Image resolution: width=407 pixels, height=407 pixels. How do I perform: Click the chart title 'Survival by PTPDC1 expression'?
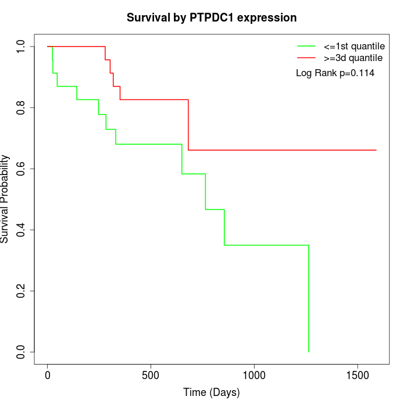point(212,18)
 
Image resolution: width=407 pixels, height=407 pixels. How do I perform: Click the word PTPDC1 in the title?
point(212,18)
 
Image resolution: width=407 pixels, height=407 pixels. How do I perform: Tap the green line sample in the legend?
point(306,46)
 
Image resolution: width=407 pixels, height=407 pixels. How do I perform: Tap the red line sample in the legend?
point(306,58)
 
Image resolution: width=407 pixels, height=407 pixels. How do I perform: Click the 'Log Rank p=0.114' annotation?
point(335,73)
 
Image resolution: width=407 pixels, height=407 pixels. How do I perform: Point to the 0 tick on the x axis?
point(48,374)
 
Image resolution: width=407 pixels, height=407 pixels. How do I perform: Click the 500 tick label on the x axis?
point(151,374)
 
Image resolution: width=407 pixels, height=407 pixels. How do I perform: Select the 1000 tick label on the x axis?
point(254,374)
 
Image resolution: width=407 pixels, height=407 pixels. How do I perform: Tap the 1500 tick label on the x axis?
point(357,374)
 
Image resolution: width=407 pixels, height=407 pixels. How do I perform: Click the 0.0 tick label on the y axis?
point(22,352)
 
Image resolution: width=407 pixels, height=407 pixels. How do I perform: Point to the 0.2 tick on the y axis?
point(22,291)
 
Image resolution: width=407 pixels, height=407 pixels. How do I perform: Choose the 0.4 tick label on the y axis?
point(22,230)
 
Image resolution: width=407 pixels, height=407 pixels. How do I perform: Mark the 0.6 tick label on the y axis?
point(22,169)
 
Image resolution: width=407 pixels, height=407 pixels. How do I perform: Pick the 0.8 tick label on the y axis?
point(22,108)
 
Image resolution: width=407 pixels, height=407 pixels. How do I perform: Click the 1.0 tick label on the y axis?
point(22,47)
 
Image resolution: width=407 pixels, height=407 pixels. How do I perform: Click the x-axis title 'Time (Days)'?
point(212,393)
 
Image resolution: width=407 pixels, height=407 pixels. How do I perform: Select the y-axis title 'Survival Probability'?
point(6,198)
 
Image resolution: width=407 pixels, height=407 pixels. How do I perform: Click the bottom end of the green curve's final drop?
point(308,352)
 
